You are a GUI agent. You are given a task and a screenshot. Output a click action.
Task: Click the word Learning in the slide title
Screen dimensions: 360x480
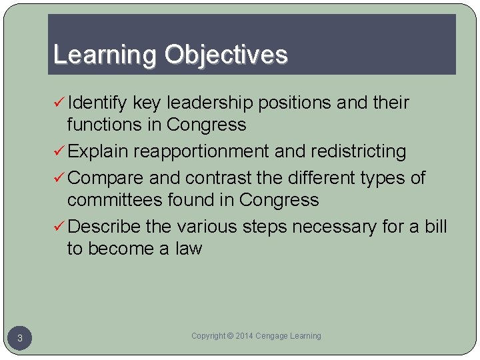[x=106, y=55]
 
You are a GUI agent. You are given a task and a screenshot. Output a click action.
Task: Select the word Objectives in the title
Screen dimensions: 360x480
[x=226, y=55]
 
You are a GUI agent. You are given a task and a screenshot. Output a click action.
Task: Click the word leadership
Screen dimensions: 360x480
[x=209, y=103]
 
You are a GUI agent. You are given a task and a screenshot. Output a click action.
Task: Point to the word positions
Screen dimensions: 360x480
[x=295, y=103]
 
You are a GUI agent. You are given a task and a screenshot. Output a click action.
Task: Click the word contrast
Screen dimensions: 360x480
[x=219, y=178]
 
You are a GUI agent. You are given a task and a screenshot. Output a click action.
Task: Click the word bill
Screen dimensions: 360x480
[x=435, y=227]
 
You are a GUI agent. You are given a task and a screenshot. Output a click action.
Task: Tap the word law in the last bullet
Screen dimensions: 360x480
[x=188, y=249]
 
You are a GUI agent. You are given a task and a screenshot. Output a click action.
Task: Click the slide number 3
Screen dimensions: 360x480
[x=20, y=339]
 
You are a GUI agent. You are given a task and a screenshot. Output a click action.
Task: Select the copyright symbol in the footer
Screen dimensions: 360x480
[x=231, y=336]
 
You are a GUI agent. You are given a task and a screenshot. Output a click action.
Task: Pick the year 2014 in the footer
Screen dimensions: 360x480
[x=245, y=336]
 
